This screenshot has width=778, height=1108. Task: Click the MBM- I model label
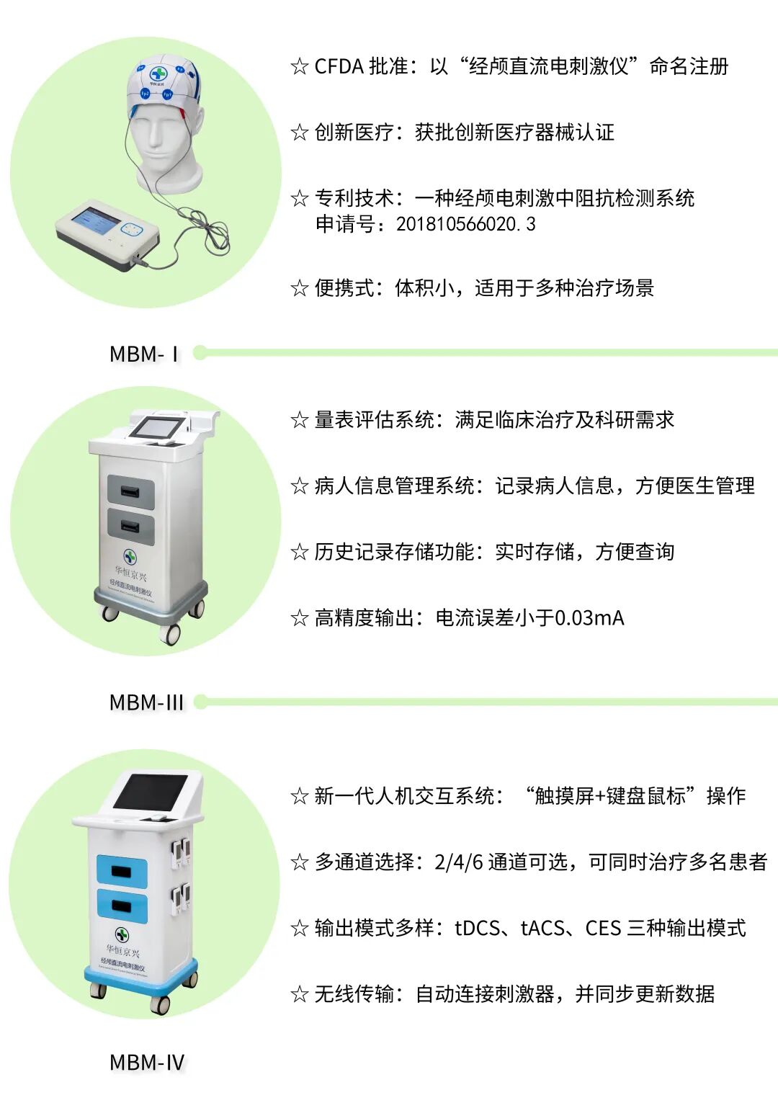point(143,354)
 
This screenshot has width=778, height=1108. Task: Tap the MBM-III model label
point(146,702)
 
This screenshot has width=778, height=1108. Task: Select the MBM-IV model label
point(147,1062)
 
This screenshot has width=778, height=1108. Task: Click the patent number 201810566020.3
point(465,224)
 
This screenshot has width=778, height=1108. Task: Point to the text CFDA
point(339,66)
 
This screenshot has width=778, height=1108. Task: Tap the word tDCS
point(477,928)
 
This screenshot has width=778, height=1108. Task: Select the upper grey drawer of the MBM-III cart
point(131,492)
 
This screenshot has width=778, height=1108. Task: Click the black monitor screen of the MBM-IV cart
point(151,791)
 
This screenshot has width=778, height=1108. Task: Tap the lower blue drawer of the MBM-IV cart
point(122,906)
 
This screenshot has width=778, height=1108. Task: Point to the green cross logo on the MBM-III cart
point(130,556)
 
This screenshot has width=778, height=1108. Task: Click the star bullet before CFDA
point(300,67)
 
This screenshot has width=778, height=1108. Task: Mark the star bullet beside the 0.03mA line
point(300,618)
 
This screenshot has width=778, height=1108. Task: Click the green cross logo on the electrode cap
point(158,73)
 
